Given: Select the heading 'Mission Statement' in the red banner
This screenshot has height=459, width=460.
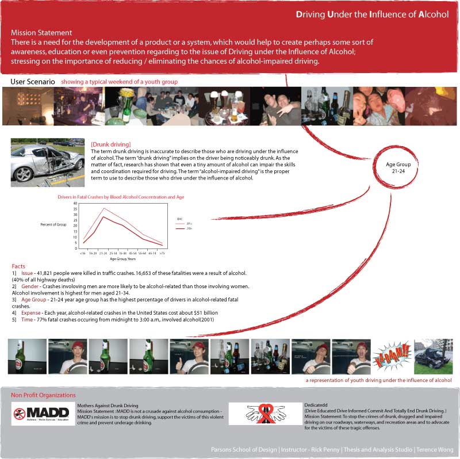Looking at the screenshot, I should coord(41,33).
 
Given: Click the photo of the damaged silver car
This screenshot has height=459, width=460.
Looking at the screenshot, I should coord(48,162).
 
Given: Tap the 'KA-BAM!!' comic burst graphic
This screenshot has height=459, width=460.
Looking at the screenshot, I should coord(392,357).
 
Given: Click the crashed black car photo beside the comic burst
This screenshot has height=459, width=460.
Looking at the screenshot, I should coord(434,357).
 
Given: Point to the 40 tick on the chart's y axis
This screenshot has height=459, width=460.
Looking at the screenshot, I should coord(75,203).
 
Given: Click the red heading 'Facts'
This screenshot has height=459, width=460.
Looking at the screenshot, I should coord(18,266).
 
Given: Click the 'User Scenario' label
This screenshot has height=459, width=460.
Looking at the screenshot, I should coord(33,82).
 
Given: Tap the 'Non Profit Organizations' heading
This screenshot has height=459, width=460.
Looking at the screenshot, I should coord(43,395).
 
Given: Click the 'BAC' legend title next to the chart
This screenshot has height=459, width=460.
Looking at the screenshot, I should coord(179,219).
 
